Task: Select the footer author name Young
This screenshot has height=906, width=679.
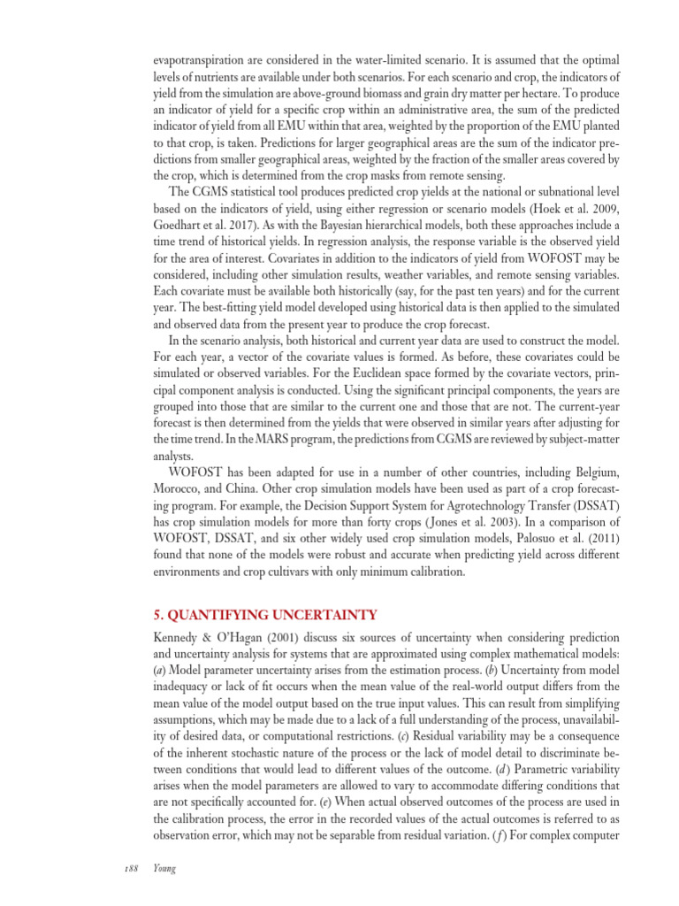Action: click(x=164, y=869)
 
